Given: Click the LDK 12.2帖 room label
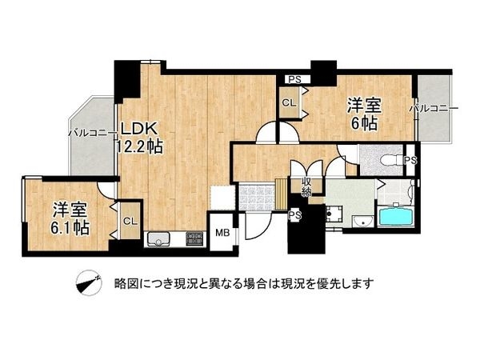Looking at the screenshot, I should pos(142,137).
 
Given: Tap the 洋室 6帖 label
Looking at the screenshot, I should pos(362,114).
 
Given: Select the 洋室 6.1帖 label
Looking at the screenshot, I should pos(70,218).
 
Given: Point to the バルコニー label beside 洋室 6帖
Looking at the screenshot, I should pos(434,107).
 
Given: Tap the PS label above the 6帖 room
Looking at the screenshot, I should pos(294,78).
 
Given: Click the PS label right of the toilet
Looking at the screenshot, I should pos(410,161).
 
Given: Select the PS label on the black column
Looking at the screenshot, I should pos(294,214).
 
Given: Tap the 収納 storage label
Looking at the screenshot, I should pos(306,186).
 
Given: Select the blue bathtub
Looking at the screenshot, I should pos(394,217).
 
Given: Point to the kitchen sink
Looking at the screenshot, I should pos(158,238).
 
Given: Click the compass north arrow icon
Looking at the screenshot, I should pos(88,282).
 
